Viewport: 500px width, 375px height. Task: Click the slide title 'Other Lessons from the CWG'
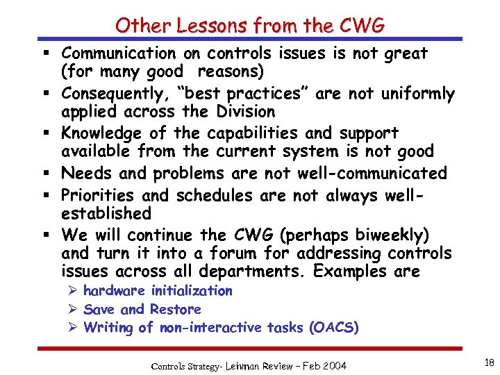[x=250, y=26]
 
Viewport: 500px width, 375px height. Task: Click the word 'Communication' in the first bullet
[x=119, y=53]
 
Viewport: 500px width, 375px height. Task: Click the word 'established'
[x=106, y=212]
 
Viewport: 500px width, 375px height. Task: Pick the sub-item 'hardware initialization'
[x=158, y=291]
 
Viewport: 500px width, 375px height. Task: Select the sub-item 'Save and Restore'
[x=142, y=309]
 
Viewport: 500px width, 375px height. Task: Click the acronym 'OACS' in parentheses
[x=334, y=328]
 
